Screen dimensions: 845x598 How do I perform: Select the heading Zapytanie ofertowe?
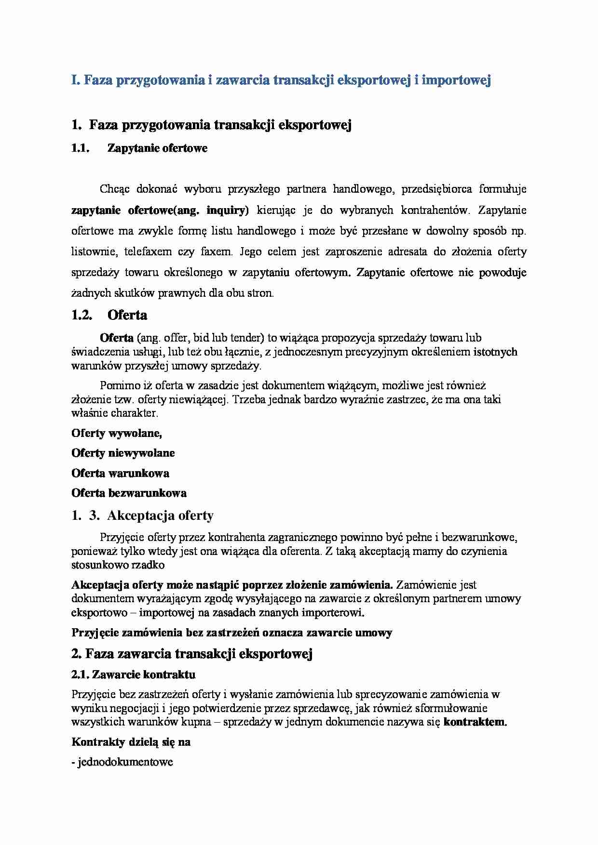157,148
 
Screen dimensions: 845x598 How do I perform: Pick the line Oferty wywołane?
116,433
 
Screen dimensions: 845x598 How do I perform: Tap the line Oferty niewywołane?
123,453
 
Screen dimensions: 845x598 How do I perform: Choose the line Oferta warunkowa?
120,473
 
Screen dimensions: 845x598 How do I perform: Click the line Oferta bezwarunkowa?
129,493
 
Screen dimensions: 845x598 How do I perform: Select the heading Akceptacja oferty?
160,516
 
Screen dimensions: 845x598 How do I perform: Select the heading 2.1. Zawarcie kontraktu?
133,674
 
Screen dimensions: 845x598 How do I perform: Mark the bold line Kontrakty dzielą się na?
131,742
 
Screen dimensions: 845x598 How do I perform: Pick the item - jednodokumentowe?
122,763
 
